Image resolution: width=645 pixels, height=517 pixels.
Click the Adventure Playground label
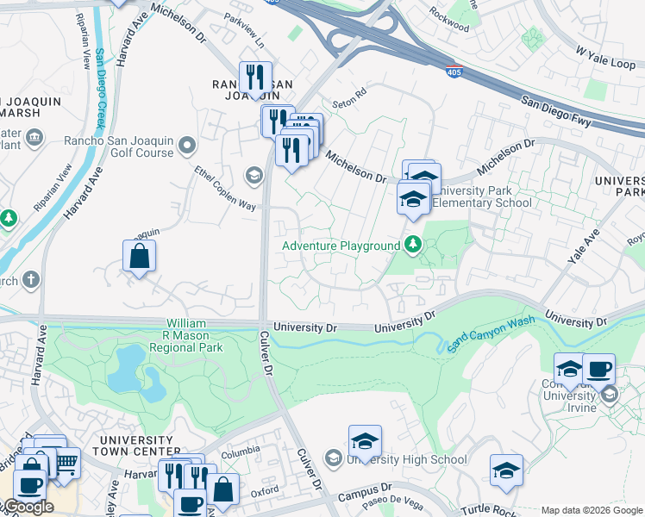tap(341, 246)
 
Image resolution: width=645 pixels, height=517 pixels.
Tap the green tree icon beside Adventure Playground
tap(414, 246)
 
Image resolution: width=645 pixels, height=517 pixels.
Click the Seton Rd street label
tap(350, 90)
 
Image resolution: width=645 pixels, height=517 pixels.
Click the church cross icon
tap(31, 279)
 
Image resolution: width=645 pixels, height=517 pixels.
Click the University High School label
tap(406, 460)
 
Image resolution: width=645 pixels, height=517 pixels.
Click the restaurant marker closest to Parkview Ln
tap(255, 76)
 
